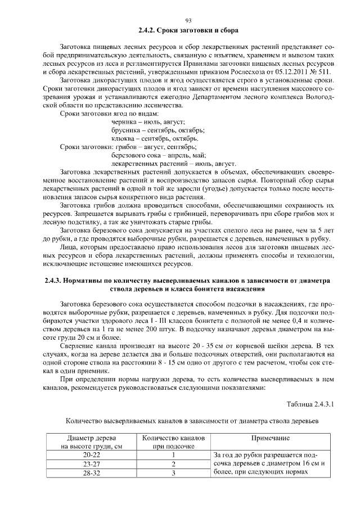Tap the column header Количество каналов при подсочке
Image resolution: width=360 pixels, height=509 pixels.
[x=174, y=442]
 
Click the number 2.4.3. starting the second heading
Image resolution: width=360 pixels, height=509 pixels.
[x=55, y=280]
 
